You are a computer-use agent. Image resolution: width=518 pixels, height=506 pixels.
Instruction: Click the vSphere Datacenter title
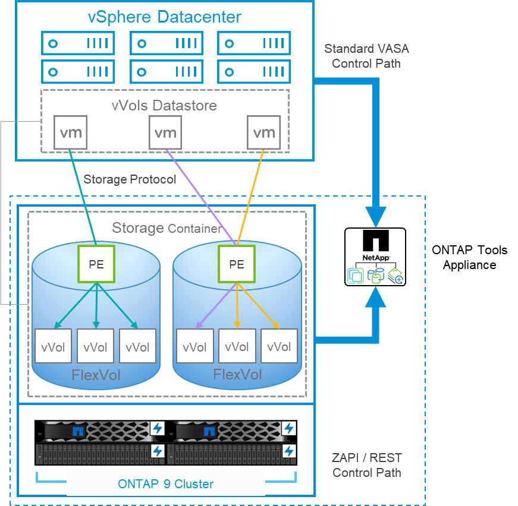coord(164,17)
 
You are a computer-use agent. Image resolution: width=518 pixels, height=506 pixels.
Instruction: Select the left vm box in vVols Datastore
coord(70,132)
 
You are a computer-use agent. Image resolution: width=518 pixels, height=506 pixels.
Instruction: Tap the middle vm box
coord(165,132)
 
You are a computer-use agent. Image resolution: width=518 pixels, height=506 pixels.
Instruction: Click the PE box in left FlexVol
coord(96,264)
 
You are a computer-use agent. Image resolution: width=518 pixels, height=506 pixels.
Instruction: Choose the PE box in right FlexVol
coord(236,264)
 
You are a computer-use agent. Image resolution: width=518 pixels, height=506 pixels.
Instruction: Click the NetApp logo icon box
coord(375,257)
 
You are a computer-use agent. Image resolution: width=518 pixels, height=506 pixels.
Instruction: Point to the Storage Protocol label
coord(130,179)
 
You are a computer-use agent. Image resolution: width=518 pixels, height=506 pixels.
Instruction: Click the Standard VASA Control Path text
coord(366,56)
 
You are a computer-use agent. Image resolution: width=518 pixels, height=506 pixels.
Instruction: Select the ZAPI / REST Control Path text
coord(366,465)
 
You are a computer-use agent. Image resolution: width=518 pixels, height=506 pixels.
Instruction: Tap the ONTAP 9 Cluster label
coord(166,484)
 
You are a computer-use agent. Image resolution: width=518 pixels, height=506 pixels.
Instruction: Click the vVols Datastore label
coord(164,106)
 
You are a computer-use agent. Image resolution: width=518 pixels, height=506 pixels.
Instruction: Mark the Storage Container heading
coord(167,228)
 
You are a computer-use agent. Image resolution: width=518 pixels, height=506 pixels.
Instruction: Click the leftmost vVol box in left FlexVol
coord(53,346)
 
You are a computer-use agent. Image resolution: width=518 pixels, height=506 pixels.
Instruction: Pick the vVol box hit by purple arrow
coord(194,347)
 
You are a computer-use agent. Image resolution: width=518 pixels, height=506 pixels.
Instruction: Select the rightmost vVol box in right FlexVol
coord(279,346)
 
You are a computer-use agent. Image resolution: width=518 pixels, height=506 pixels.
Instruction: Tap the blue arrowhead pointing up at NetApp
coord(375,300)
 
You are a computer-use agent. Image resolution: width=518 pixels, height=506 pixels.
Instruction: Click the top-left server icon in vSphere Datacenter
coord(77,43)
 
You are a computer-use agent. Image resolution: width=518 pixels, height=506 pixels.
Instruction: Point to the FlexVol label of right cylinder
coord(237,375)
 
